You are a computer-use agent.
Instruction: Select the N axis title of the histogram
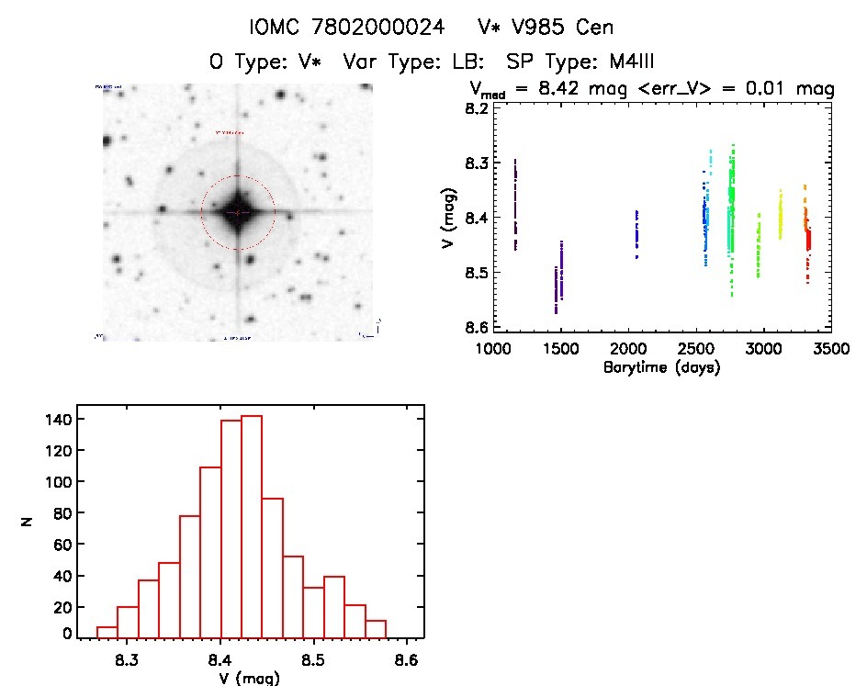(x=28, y=524)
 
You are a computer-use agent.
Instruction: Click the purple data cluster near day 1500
(x=558, y=276)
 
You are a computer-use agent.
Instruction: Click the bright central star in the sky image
(x=238, y=212)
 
